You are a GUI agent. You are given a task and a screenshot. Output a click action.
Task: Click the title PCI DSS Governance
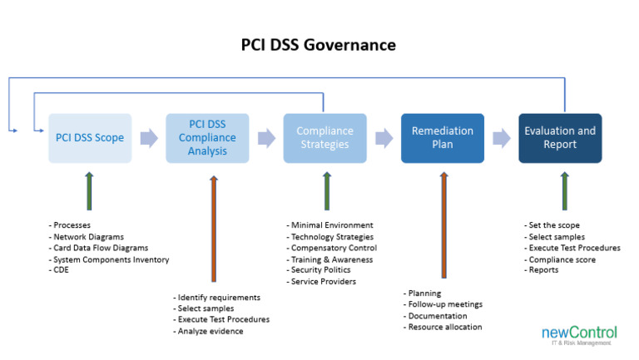(x=319, y=44)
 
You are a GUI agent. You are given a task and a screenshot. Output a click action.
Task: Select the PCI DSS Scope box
(x=90, y=138)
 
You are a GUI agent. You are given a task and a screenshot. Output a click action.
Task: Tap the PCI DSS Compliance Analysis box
(x=207, y=138)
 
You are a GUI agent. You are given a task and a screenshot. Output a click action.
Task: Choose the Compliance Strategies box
(x=324, y=138)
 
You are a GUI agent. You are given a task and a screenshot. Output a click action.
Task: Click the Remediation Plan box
(x=443, y=138)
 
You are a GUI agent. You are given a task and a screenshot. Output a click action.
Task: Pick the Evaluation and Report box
(x=560, y=138)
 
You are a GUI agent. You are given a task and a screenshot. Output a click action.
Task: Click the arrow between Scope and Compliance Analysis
(x=149, y=138)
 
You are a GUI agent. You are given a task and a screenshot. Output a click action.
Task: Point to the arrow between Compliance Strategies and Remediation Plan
(x=384, y=138)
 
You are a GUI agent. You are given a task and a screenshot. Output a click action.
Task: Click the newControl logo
(x=578, y=334)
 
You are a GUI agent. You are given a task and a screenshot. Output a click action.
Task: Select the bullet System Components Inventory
(x=111, y=259)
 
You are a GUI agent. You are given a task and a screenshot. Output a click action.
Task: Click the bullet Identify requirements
(x=219, y=297)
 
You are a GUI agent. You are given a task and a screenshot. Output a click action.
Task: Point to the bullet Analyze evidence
(x=211, y=331)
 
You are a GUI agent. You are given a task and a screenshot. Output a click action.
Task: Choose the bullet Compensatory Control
(x=333, y=248)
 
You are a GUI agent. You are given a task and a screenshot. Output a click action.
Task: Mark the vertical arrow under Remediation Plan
(x=443, y=224)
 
